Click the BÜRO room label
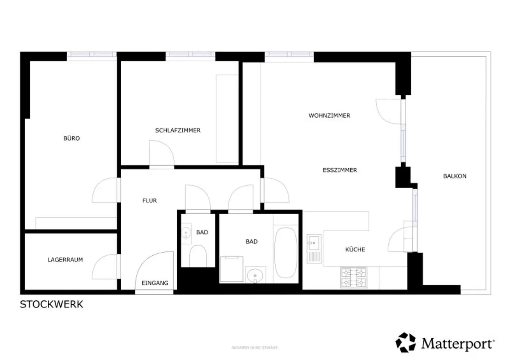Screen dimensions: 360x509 (72, 138)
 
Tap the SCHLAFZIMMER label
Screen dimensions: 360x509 (178, 130)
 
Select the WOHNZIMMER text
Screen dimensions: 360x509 (329, 116)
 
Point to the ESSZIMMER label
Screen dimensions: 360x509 (340, 170)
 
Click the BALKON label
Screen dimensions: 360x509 (455, 176)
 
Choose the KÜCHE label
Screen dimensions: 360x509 (355, 249)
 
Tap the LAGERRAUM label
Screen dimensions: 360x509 (65, 260)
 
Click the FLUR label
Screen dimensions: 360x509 (149, 200)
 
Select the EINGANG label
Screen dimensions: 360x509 (155, 283)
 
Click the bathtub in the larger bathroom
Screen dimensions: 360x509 (286, 252)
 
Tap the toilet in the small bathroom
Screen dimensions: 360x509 (198, 255)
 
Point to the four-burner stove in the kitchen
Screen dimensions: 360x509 (354, 278)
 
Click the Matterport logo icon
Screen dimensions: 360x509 (406, 342)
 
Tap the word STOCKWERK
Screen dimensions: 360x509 (51, 304)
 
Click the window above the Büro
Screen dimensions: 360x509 (92, 54)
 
